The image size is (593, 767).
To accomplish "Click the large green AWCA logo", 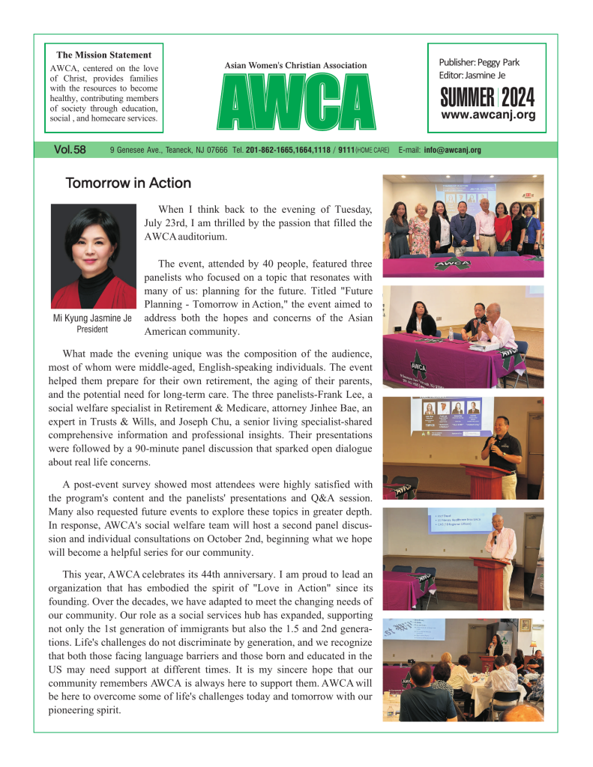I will click(x=295, y=103).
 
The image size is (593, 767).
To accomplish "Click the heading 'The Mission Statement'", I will click(x=103, y=55).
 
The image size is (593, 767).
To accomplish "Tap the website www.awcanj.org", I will click(x=488, y=115).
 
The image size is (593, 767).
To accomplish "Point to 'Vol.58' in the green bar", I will click(x=70, y=150).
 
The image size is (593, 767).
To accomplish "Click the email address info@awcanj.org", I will click(x=452, y=151).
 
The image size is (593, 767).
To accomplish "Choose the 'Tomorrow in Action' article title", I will click(x=127, y=184).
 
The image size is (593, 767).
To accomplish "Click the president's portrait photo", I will click(x=94, y=256).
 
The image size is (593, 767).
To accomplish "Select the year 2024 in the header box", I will click(x=518, y=97).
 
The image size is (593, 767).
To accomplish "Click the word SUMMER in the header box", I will click(x=466, y=97).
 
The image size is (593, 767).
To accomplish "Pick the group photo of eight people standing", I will click(x=463, y=225).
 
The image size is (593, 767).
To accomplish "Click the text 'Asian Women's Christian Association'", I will click(x=295, y=66).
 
